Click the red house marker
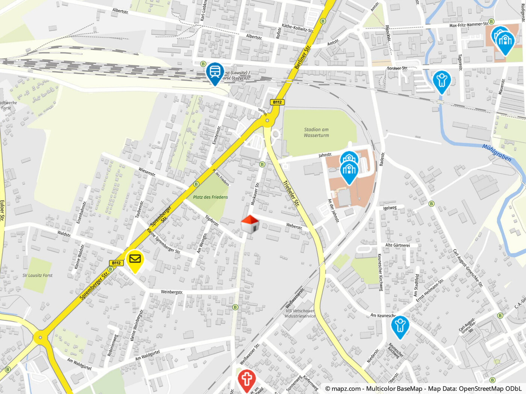click(x=250, y=224)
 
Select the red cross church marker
click(x=246, y=379)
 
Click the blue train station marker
click(x=215, y=72)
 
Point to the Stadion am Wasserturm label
click(x=316, y=132)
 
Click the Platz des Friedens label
click(x=210, y=197)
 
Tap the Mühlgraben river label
click(x=497, y=153)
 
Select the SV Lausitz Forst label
click(x=38, y=275)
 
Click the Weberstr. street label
click(x=294, y=226)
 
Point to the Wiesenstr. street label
click(x=147, y=172)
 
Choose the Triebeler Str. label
click(x=291, y=194)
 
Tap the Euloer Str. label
click(x=2, y=210)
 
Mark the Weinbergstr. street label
click(x=172, y=292)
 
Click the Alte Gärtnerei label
click(x=398, y=245)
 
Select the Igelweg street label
click(x=390, y=208)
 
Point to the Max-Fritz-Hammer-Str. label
click(x=469, y=25)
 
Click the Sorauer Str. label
click(x=397, y=68)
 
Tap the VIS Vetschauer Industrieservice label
click(x=300, y=313)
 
